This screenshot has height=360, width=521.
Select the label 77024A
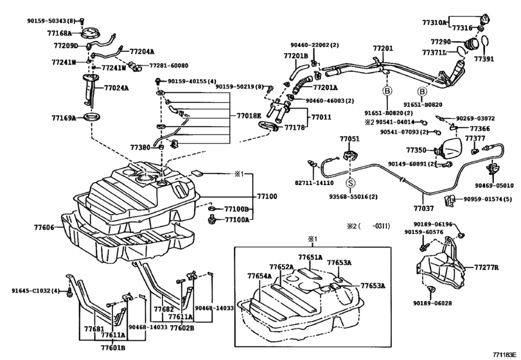pos(116,87)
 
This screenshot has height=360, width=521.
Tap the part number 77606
pos(45,228)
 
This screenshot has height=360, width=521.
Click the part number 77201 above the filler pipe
pos(383,49)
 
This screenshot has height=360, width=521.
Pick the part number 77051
pos(349,139)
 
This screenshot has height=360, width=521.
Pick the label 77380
pos(140,147)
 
